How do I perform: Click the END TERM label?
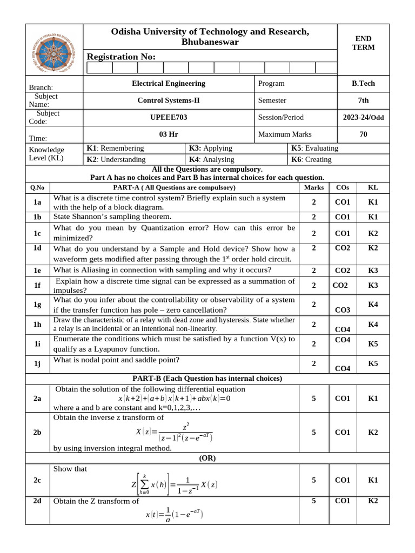click(x=363, y=43)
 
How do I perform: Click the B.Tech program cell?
click(x=363, y=83)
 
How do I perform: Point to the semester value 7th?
click(x=363, y=100)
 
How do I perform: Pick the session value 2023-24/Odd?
click(x=363, y=117)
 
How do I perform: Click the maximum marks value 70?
click(x=363, y=134)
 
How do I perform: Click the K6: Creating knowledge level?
click(x=311, y=159)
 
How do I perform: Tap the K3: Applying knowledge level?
click(x=210, y=148)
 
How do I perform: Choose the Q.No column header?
click(x=37, y=187)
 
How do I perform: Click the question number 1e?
click(x=37, y=270)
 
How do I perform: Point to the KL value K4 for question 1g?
click(x=373, y=305)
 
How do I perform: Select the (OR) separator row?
click(x=207, y=457)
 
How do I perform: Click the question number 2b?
click(x=37, y=433)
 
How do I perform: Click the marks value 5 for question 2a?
click(x=314, y=398)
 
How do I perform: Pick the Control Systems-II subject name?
click(x=169, y=100)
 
